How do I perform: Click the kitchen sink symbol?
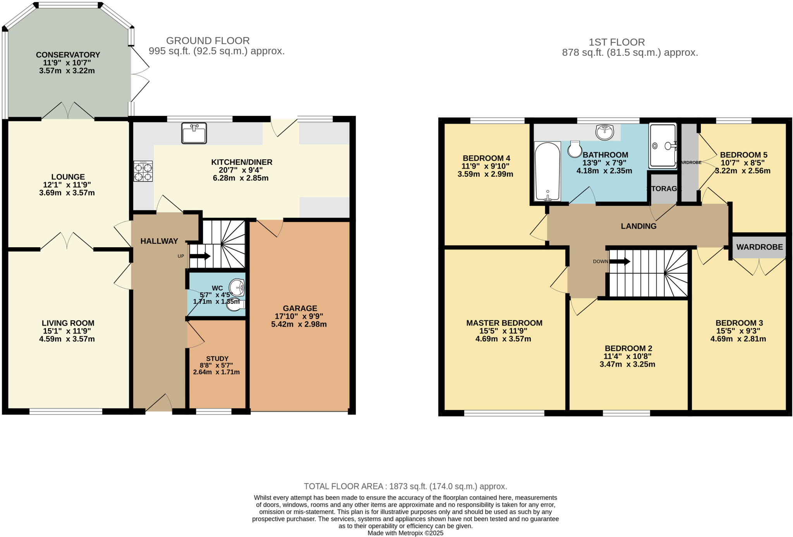pyautogui.click(x=194, y=133)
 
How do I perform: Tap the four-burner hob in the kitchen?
pyautogui.click(x=143, y=171)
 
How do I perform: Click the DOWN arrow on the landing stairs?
pyautogui.click(x=620, y=261)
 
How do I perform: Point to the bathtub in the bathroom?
pyautogui.click(x=547, y=171)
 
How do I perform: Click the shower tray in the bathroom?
pyautogui.click(x=663, y=146)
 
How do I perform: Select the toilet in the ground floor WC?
pyautogui.click(x=235, y=306)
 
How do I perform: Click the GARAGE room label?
pyautogui.click(x=300, y=308)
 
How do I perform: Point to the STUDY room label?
pyautogui.click(x=217, y=359)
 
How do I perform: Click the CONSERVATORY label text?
pyautogui.click(x=68, y=55)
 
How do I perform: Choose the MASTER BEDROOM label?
pyautogui.click(x=504, y=323)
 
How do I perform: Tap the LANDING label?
pyautogui.click(x=639, y=226)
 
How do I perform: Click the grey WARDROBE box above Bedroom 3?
pyautogui.click(x=759, y=247)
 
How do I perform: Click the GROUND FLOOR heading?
pyautogui.click(x=208, y=41)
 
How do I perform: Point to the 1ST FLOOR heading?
pyautogui.click(x=617, y=42)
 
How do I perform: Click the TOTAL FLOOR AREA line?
pyautogui.click(x=405, y=486)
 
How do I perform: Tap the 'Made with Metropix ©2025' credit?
pyautogui.click(x=405, y=533)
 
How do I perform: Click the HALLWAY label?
pyautogui.click(x=159, y=241)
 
